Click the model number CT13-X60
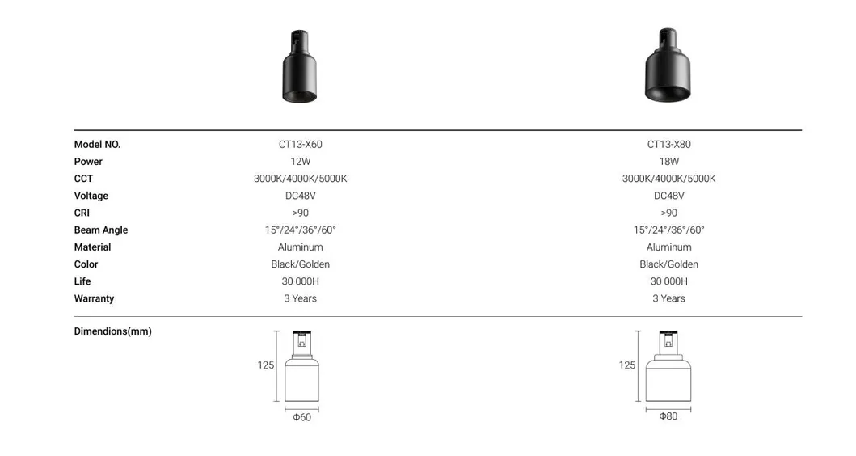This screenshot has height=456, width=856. (300, 145)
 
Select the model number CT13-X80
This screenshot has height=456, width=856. (668, 145)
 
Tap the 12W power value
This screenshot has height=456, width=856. (300, 162)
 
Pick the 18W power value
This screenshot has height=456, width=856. (668, 162)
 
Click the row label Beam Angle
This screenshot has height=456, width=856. (101, 230)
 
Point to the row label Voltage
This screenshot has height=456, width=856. (91, 196)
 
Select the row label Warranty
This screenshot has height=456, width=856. (94, 298)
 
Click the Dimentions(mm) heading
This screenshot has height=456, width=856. (112, 331)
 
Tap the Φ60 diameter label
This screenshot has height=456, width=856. (301, 417)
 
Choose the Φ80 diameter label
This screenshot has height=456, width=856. (668, 416)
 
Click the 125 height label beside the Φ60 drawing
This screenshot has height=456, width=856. (266, 365)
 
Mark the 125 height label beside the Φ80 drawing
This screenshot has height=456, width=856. (627, 365)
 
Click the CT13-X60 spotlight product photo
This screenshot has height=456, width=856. (299, 67)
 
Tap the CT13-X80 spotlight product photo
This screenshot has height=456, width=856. (668, 66)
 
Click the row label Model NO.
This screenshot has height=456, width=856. (97, 145)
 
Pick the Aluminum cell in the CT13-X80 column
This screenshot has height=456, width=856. (668, 247)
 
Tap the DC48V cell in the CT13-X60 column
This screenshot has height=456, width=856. (300, 196)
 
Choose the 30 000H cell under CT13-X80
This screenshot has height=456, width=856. (668, 281)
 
